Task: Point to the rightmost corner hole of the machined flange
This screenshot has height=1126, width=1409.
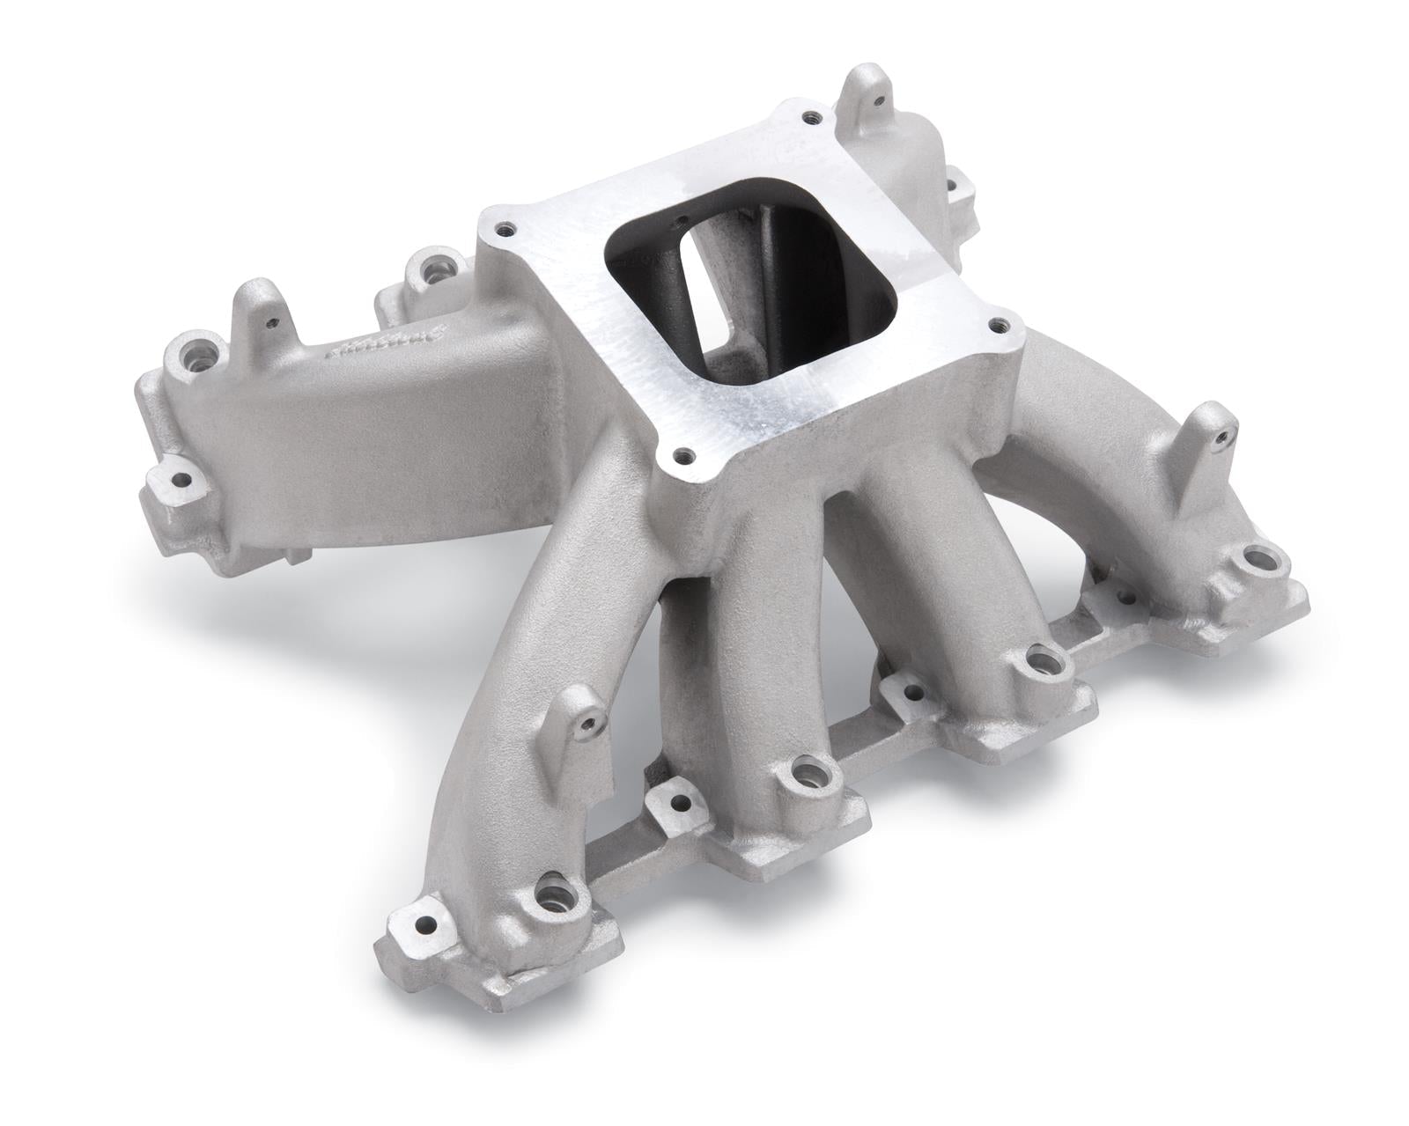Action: (x=996, y=325)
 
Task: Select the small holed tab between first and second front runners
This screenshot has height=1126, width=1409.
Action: (x=680, y=803)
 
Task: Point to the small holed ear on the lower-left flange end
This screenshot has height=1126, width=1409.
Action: (x=181, y=480)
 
